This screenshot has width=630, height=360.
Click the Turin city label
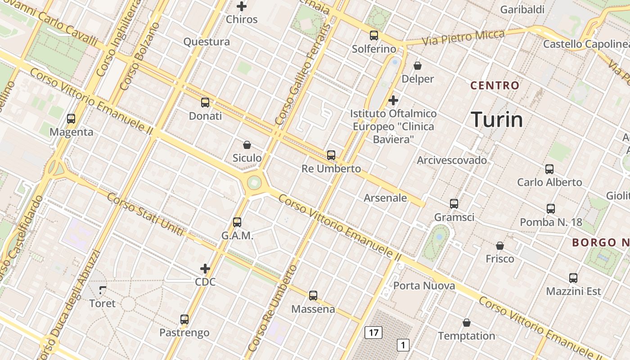(497, 120)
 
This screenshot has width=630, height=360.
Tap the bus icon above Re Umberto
(331, 155)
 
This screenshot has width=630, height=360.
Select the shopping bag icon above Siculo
(247, 145)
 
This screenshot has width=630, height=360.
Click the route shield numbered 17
(373, 333)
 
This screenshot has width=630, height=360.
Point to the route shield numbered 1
(403, 345)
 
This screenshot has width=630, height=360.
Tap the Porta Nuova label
(424, 286)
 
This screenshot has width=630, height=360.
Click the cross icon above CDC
(205, 269)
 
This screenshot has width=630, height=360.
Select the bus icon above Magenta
(71, 119)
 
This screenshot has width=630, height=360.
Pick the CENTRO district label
(495, 85)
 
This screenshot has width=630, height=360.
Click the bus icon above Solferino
(374, 36)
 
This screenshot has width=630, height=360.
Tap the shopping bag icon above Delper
(418, 66)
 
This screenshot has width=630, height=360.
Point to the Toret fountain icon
(103, 290)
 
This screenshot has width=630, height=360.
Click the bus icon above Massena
(313, 296)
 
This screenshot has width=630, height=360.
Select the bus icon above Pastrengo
(184, 319)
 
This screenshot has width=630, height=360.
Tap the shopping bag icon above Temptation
(467, 323)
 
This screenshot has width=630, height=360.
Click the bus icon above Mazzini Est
(573, 278)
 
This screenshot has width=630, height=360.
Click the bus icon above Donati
(205, 103)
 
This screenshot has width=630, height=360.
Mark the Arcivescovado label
(452, 160)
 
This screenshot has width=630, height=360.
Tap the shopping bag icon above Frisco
(499, 246)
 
